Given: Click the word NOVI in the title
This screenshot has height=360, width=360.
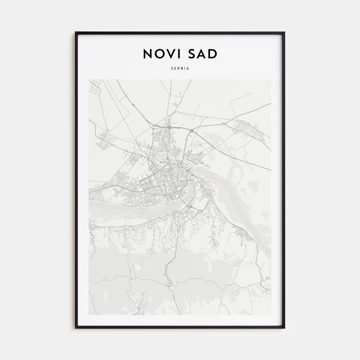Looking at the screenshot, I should click(x=162, y=54).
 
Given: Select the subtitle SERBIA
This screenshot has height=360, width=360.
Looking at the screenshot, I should click(x=180, y=68).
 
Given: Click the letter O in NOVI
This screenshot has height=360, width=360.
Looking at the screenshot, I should click(x=160, y=54).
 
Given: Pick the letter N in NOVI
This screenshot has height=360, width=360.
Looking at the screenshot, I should click(x=148, y=54).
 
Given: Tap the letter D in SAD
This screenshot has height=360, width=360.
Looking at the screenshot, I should click(x=212, y=54).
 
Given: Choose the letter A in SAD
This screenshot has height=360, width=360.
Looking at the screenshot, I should click(x=201, y=54).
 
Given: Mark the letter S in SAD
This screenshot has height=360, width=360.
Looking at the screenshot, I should click(x=190, y=54).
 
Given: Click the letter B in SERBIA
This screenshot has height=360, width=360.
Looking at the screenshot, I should click(x=182, y=68).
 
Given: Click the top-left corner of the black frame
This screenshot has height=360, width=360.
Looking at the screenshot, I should click(x=76, y=32).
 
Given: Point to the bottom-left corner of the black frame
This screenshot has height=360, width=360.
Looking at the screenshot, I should click(x=76, y=328).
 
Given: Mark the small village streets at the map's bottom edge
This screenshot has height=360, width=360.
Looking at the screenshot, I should click(x=140, y=304).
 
